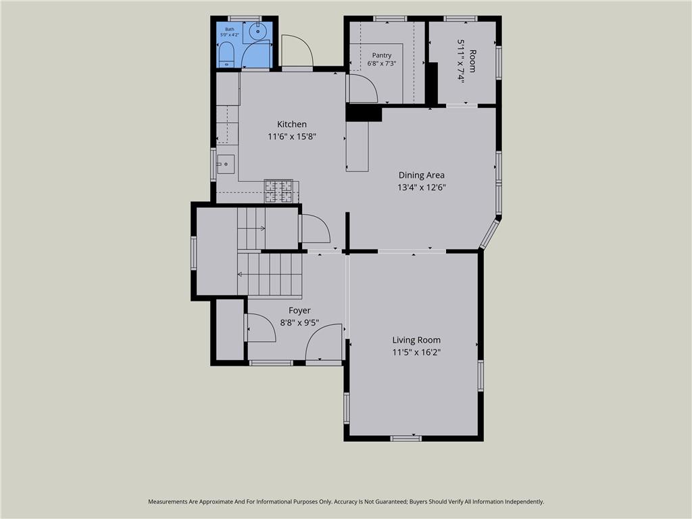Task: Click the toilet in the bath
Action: tap(226, 54)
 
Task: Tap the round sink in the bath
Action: tap(257, 31)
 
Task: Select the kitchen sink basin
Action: tap(226, 164)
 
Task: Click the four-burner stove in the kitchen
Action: tap(278, 191)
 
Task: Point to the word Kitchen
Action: tap(292, 124)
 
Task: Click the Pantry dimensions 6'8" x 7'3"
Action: tap(382, 63)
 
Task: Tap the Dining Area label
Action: tap(422, 175)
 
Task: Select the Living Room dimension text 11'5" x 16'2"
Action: tap(416, 352)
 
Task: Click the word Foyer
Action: tap(299, 310)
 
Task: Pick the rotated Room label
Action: tap(472, 61)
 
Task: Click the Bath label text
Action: tap(230, 29)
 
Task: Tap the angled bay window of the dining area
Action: tap(489, 234)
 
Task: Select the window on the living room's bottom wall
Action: tap(406, 438)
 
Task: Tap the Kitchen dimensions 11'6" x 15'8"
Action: tap(292, 137)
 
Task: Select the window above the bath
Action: tap(245, 18)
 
